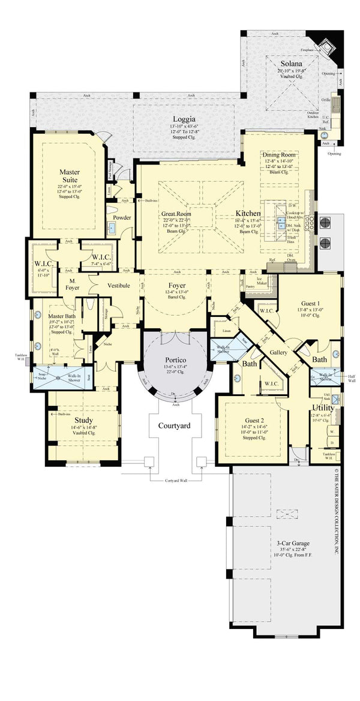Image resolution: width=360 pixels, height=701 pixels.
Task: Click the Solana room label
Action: pyautogui.click(x=292, y=63)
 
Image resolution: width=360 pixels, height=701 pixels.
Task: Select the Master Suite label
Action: pyautogui.click(x=70, y=176)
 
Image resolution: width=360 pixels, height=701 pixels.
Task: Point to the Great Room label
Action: pyautogui.click(x=176, y=214)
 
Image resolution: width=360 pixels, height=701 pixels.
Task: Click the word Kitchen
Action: pyautogui.click(x=248, y=213)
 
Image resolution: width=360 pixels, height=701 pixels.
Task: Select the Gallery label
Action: pyautogui.click(x=277, y=352)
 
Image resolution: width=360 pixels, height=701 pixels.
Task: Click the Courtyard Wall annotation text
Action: pyautogui.click(x=178, y=481)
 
